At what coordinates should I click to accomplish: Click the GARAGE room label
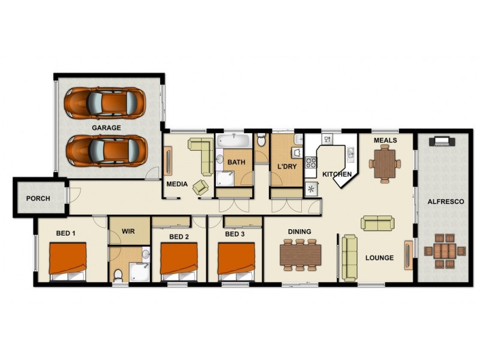pyautogui.click(x=106, y=128)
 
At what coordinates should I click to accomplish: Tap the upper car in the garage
pyautogui.click(x=105, y=101)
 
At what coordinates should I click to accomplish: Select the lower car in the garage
pyautogui.click(x=106, y=150)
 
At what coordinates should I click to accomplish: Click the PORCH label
pyautogui.click(x=38, y=199)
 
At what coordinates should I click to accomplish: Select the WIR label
pyautogui.click(x=128, y=231)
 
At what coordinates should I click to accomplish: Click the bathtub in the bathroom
pyautogui.click(x=233, y=142)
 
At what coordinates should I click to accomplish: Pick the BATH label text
pyautogui.click(x=236, y=162)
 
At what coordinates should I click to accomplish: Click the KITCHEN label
pyautogui.click(x=337, y=175)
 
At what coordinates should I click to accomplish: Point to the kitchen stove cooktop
pyautogui.click(x=311, y=162)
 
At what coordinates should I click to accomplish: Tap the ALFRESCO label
pyautogui.click(x=445, y=202)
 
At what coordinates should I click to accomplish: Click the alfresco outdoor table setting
pyautogui.click(x=445, y=251)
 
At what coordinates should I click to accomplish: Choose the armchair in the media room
pyautogui.click(x=201, y=187)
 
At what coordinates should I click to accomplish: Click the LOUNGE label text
pyautogui.click(x=379, y=258)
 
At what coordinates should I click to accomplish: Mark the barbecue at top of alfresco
pyautogui.click(x=443, y=141)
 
